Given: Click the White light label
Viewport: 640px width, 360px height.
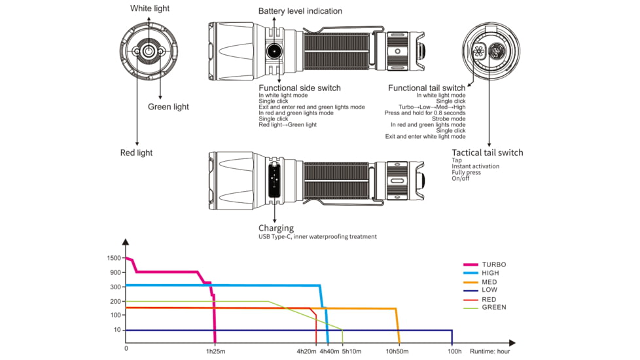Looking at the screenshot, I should coord(149,9).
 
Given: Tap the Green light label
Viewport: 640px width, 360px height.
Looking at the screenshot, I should coord(168,107).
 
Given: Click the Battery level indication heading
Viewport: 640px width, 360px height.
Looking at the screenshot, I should coord(300,11).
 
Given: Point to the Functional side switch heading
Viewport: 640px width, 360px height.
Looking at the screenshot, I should coord(300,88).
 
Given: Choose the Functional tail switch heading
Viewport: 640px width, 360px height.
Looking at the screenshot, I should coord(427,88).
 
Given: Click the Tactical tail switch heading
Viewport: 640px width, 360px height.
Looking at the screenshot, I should coord(488,153).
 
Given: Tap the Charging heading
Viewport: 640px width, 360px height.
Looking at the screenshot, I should coord(276,228).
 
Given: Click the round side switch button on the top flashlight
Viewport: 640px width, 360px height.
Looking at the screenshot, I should coord(274,51).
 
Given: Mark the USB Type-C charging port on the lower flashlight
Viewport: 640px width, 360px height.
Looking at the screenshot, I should coord(274,179).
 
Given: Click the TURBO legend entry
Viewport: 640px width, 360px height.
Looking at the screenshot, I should coord(493,264).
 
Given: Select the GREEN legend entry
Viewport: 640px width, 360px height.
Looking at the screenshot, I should coord(493,307).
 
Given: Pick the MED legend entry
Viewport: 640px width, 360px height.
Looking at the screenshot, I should coord(489,281).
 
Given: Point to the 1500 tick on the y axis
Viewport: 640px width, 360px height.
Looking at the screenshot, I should coord(113,258).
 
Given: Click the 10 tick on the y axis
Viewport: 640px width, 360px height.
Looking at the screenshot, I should coord(117,330).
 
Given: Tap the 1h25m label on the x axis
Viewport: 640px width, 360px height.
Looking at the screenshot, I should coord(215,351).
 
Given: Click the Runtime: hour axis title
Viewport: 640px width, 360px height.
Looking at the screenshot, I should coord(489,351).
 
